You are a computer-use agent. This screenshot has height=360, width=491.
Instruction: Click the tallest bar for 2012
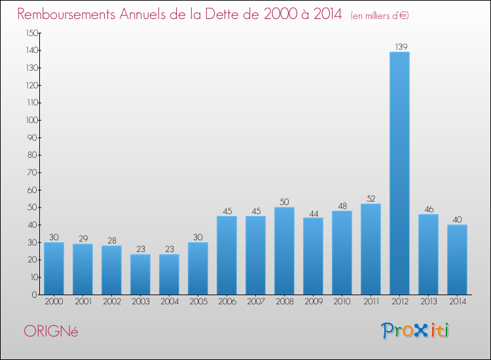tap(399, 173)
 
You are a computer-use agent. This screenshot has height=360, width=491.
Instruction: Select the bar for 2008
tap(284, 251)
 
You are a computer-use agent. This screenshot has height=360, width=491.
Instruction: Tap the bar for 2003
tap(140, 274)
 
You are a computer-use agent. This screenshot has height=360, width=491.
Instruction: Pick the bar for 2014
tap(457, 259)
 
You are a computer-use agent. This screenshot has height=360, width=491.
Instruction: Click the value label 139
tap(399, 46)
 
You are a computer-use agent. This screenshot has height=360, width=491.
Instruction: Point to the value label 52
tap(371, 198)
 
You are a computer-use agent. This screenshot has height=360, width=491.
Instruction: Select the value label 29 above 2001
tap(82, 239)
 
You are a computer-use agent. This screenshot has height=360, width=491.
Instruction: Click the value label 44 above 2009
tap(313, 213)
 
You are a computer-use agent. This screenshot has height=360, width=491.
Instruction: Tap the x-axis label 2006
tap(227, 302)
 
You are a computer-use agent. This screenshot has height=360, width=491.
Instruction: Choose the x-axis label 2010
tap(342, 302)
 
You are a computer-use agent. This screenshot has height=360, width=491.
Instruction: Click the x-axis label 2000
tap(54, 302)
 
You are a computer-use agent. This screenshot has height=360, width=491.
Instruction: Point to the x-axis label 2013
tap(428, 302)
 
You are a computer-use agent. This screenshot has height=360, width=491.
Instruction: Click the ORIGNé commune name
tap(50, 331)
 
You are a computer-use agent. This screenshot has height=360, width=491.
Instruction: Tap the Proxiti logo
tap(415, 331)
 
